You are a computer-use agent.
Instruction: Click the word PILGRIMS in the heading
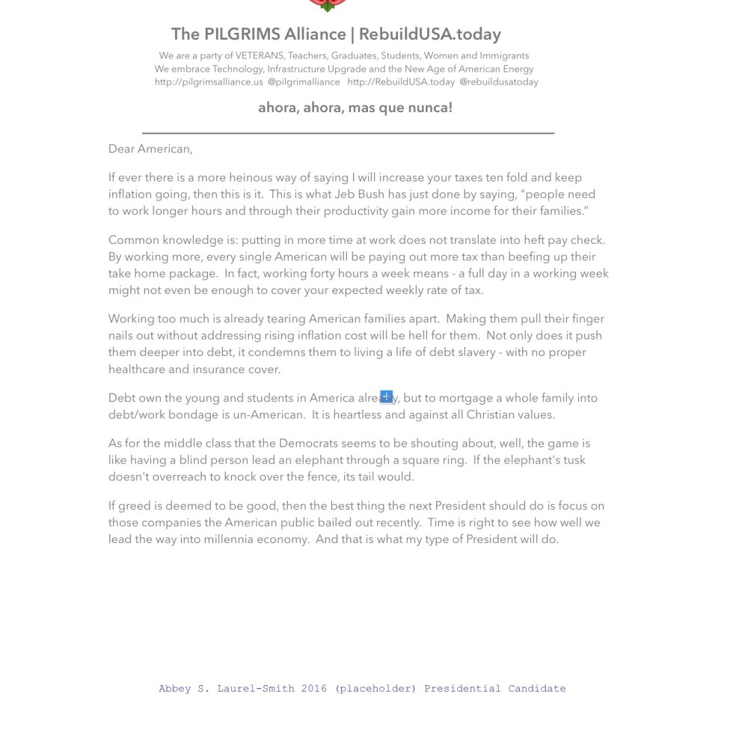coord(238,34)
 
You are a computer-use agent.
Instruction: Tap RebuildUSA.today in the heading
coord(429,34)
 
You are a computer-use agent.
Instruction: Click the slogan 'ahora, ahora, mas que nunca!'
coord(355,108)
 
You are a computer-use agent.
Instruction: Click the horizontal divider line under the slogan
coord(348,132)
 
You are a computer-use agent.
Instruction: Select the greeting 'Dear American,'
coord(150,149)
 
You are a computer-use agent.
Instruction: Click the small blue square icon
coord(386,396)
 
